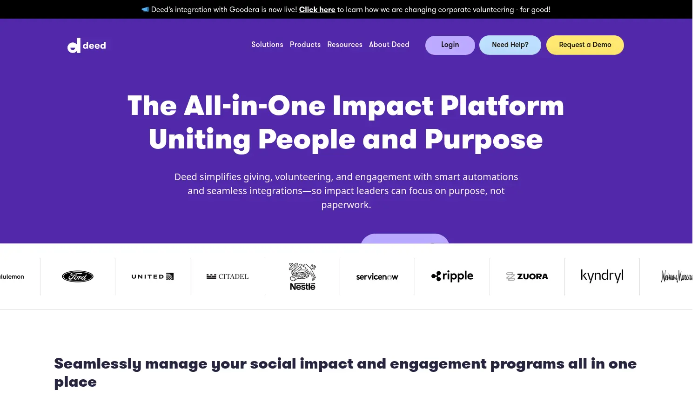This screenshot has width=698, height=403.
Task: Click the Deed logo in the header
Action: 87,46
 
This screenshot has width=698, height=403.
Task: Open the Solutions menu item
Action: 267,45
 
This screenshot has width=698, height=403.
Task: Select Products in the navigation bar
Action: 305,45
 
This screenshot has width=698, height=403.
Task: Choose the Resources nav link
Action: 345,45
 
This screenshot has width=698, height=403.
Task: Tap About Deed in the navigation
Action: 389,45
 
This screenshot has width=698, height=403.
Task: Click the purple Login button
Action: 450,45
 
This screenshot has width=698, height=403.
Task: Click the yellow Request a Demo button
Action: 585,45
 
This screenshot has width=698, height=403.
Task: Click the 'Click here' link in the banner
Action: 317,10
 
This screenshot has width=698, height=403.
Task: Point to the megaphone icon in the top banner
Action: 145,9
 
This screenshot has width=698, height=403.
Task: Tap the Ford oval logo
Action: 78,276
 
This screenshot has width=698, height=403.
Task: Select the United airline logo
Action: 152,276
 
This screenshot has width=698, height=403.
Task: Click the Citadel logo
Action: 228,276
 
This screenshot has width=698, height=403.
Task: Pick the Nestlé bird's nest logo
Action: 302,276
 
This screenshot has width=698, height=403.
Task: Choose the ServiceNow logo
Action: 377,277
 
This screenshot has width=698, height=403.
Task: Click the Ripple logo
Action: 452,276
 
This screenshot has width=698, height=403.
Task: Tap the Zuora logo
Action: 527,276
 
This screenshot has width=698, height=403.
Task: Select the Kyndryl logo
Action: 602,276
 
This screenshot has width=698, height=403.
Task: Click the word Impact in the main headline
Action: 383,106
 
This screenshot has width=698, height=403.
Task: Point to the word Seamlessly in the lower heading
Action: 98,364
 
